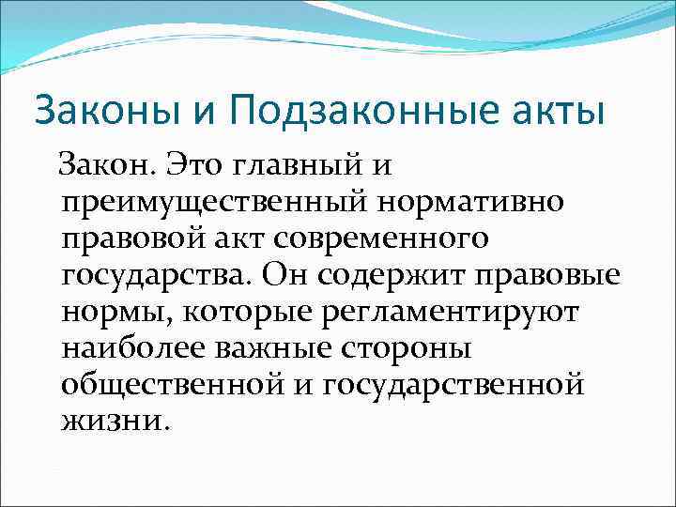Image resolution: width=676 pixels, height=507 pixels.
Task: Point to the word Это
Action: tap(200, 166)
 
